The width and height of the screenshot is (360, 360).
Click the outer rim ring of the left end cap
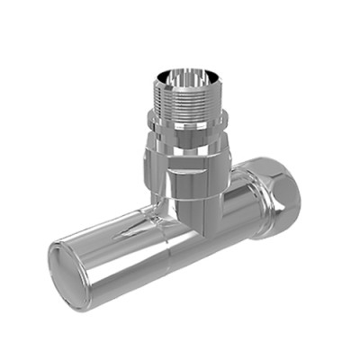pyautogui.click(x=53, y=270)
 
